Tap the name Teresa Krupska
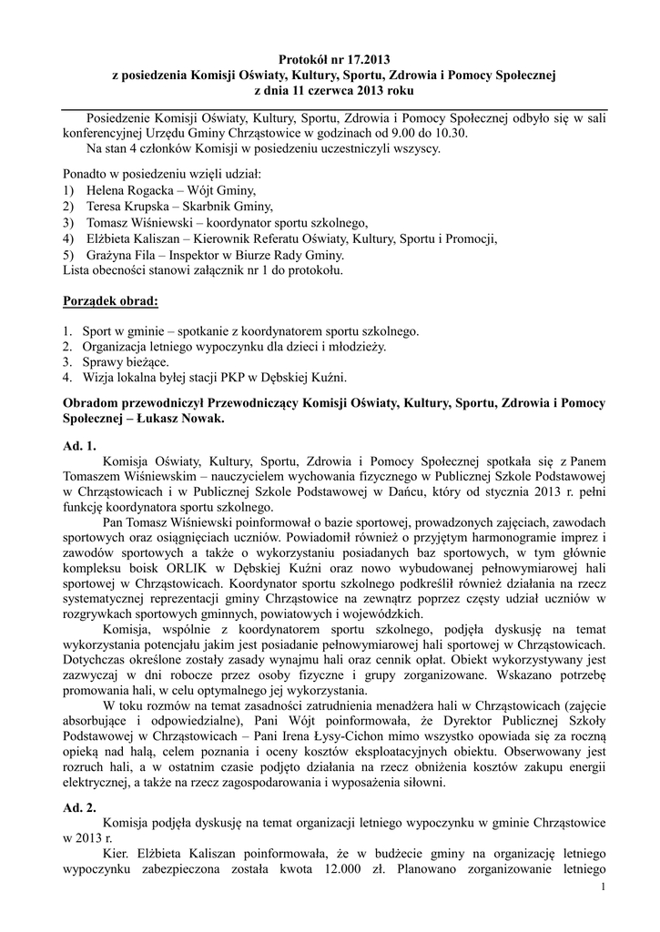click(125, 207)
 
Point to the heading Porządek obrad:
click(110, 299)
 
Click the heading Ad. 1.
click(79, 446)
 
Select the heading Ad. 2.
click(79, 806)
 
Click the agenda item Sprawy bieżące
click(123, 361)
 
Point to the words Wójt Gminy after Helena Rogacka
click(216, 190)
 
